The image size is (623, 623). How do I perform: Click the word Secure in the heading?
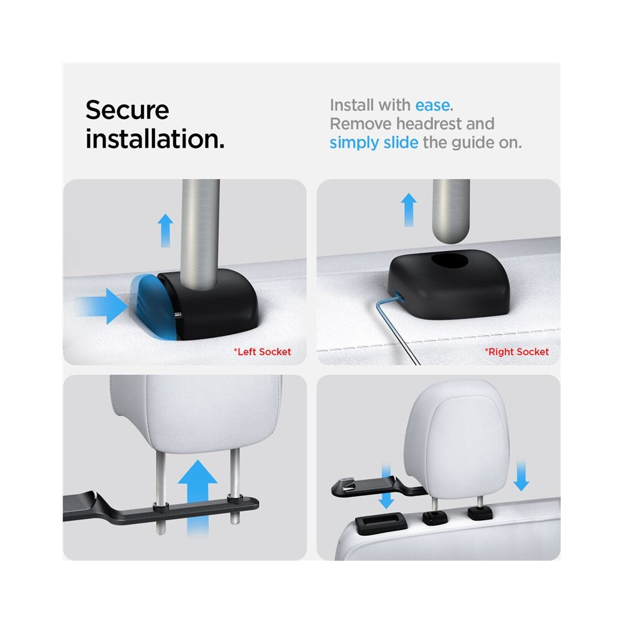point(127,110)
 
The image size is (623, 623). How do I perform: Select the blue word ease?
point(432,106)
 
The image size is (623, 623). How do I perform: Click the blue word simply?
point(354,143)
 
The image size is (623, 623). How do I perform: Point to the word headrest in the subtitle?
point(429,123)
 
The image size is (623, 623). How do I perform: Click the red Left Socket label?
point(262,351)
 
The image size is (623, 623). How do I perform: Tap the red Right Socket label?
point(516,351)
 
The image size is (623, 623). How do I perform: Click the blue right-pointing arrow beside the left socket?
point(103,307)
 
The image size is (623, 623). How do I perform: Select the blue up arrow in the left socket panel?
point(165,231)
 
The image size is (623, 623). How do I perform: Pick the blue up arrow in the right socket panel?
point(409,210)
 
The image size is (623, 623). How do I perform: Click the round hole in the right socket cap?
point(449,261)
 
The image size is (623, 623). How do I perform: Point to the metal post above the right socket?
point(451,211)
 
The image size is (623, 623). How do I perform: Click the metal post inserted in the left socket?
point(200,232)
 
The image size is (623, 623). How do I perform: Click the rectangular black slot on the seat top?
point(380,521)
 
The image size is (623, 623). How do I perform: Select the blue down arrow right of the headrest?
point(521,476)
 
